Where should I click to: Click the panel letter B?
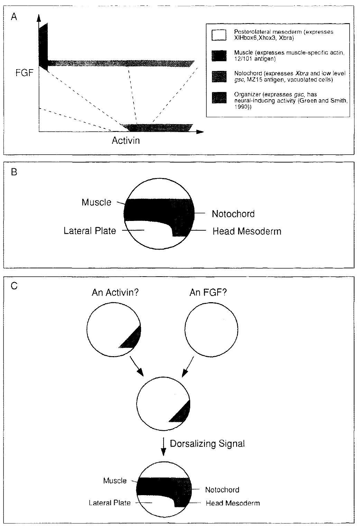coord(14,172)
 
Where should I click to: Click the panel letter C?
coord(14,287)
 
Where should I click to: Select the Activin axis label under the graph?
coord(126,140)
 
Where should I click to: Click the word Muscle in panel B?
coord(96,202)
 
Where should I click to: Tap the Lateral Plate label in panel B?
coord(90,231)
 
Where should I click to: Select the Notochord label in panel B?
coord(233,214)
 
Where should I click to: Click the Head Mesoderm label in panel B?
coord(247,231)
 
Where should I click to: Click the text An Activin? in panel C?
coord(115,293)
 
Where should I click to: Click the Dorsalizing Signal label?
coord(207,444)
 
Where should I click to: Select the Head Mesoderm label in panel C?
coord(232,503)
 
